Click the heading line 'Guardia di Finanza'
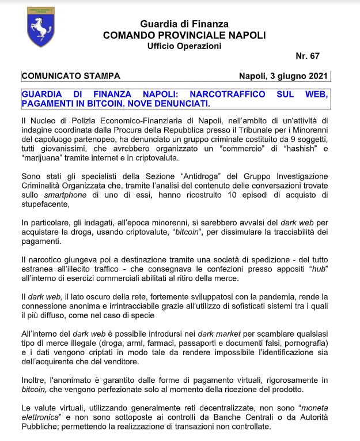(x=184, y=24)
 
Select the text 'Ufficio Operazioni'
(x=184, y=46)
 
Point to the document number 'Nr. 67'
(x=307, y=56)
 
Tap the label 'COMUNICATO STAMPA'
(x=71, y=76)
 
